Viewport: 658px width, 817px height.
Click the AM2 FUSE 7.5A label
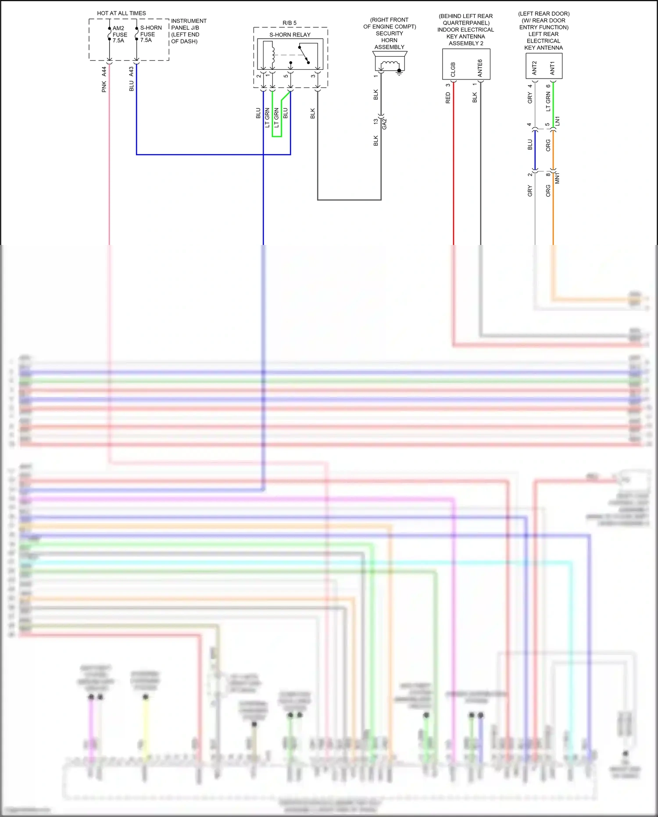(x=119, y=34)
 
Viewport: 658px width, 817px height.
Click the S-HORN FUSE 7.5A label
(x=150, y=34)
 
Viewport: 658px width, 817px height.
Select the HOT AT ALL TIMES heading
(x=122, y=13)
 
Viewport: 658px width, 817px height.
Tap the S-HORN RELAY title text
(x=290, y=35)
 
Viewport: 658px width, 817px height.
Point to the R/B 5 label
(x=290, y=23)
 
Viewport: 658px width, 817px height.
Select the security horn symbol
(x=390, y=62)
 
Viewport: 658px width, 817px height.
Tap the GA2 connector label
(x=385, y=124)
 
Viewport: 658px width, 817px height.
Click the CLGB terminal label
(x=453, y=69)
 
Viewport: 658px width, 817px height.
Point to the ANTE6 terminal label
(x=480, y=68)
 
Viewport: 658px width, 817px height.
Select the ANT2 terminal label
(x=534, y=68)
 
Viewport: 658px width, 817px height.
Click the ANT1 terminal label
(x=552, y=68)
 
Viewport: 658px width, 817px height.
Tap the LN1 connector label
(x=557, y=121)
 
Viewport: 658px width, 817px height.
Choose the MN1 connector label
(x=557, y=178)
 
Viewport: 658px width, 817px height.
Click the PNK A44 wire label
(x=104, y=79)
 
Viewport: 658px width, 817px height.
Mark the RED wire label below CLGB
(x=448, y=98)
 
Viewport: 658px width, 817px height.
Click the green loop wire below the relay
(x=277, y=136)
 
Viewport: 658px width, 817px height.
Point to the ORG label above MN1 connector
(x=548, y=145)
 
